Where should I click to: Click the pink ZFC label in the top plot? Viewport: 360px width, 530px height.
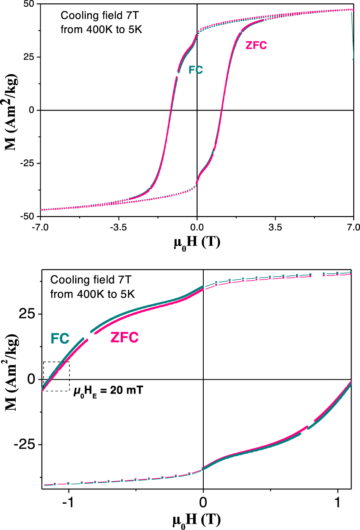pyautogui.click(x=256, y=45)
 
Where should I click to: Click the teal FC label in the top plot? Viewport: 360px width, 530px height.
pyautogui.click(x=196, y=70)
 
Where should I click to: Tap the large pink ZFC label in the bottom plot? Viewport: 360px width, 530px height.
pyautogui.click(x=125, y=338)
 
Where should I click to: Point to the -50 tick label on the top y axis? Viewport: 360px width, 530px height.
pyautogui.click(x=28, y=216)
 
